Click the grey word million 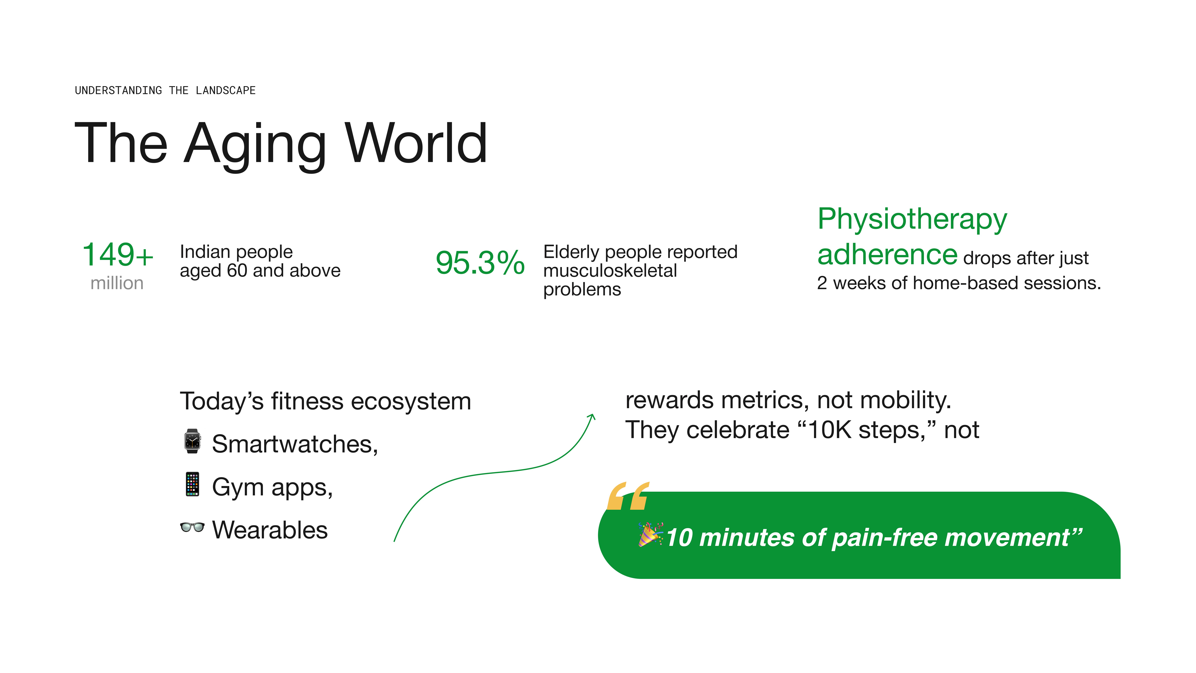point(117,283)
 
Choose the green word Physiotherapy point(912,219)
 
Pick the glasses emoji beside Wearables point(192,527)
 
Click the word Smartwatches point(294,444)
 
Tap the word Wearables point(270,530)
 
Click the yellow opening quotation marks point(628,496)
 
